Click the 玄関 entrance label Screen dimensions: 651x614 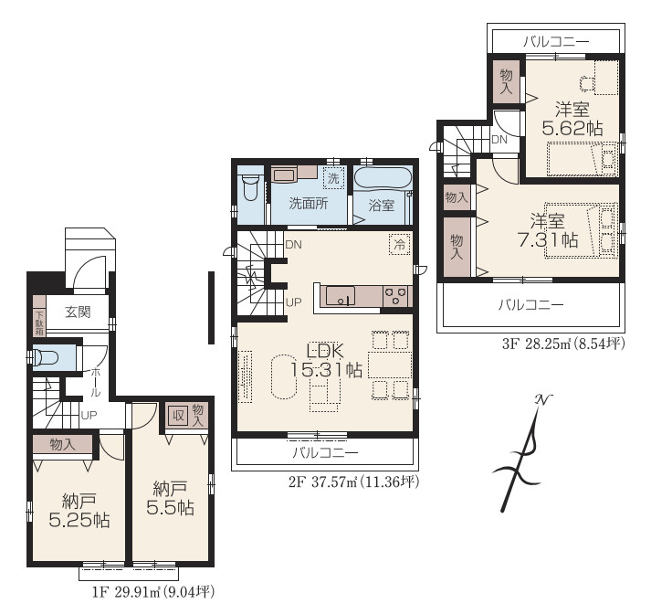78,312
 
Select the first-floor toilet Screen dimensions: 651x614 47,357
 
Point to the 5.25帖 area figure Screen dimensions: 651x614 79,520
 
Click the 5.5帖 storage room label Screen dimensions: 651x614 170,507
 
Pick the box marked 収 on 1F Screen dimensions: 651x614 178,415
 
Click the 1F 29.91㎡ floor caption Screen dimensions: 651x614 153,591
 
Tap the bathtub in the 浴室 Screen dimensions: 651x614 383,180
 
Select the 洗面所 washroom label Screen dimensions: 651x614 309,203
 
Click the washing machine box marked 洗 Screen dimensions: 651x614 334,178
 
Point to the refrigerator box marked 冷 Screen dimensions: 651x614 399,244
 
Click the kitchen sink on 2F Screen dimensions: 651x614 341,295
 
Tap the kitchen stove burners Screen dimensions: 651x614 395,296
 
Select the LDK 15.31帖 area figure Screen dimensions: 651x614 326,370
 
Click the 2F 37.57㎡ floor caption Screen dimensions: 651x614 353,482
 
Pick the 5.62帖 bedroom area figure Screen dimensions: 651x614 572,128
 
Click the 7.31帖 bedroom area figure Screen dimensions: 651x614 548,239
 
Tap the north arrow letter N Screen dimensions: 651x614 543,399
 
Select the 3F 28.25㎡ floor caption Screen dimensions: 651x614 563,344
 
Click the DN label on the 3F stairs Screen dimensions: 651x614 499,140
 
